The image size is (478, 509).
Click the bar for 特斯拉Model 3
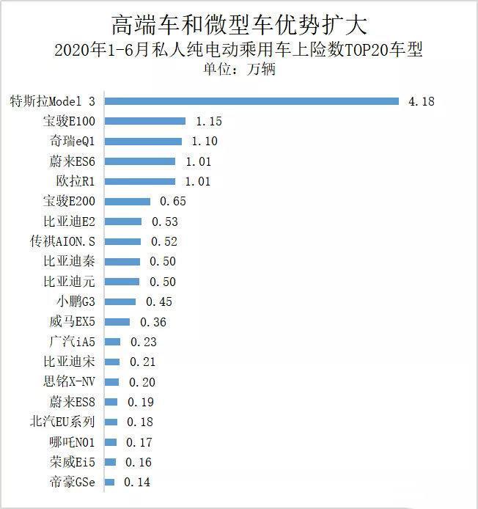click(250, 101)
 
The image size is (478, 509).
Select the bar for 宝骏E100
click(144, 121)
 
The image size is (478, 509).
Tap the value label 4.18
click(422, 101)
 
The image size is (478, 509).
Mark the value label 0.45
click(159, 301)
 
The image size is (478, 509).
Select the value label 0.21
click(142, 362)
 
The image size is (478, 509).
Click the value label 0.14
click(137, 482)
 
